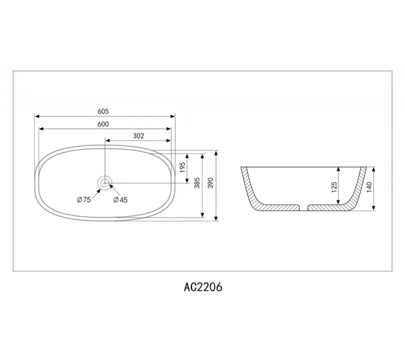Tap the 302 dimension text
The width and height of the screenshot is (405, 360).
pyautogui.click(x=139, y=136)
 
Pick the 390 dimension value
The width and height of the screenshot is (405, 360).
pyautogui.click(x=210, y=184)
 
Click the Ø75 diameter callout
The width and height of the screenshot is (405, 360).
pyautogui.click(x=83, y=200)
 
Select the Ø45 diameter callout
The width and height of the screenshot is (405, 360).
pyautogui.click(x=121, y=200)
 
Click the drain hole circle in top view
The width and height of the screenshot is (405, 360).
pyautogui.click(x=106, y=182)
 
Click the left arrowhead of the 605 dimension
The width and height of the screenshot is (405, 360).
pyautogui.click(x=37, y=116)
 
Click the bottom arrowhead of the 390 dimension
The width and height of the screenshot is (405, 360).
pyautogui.click(x=215, y=218)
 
